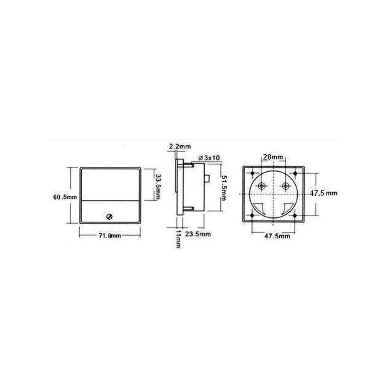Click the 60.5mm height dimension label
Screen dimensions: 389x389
(65, 197)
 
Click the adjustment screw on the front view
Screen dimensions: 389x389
(110, 215)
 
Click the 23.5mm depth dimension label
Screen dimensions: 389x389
(200, 234)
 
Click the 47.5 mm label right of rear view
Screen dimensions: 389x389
(324, 193)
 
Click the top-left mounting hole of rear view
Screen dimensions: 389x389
(253, 173)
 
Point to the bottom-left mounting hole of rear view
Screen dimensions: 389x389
(253, 214)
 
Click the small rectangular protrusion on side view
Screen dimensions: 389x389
(208, 178)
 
